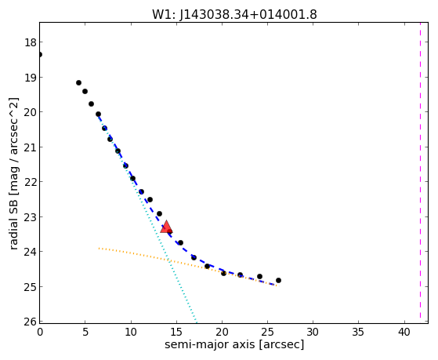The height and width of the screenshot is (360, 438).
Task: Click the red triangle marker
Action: point(166,227)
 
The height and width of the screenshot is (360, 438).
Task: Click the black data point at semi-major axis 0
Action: point(40,54)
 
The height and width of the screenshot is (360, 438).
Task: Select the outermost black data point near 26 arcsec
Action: point(278,280)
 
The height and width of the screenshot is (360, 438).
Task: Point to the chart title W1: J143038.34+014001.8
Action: point(234,15)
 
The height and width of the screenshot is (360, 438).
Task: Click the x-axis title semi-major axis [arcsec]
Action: point(234,344)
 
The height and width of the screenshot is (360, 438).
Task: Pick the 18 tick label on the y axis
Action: point(31,42)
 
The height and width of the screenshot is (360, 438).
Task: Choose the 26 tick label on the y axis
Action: point(31,322)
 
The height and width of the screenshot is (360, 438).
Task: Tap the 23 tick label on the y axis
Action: point(31,217)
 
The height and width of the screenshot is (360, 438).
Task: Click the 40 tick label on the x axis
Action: point(404,332)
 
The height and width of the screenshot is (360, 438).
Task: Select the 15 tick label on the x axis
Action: point(176,332)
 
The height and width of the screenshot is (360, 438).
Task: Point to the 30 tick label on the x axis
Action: point(313,332)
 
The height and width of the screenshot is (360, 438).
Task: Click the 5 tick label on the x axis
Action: point(85,332)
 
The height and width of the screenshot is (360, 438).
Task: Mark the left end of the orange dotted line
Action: point(99,248)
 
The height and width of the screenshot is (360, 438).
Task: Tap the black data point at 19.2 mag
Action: point(78,83)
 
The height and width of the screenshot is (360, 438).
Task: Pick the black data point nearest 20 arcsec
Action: point(223,273)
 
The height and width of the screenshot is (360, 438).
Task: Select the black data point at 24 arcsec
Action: point(259,276)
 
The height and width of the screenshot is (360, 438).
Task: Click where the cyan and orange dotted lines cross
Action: point(168,260)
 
